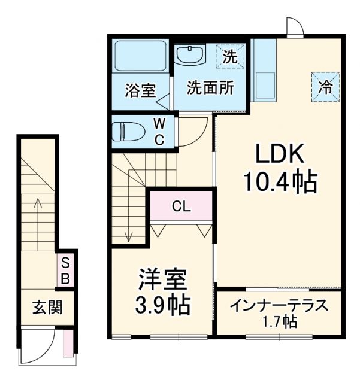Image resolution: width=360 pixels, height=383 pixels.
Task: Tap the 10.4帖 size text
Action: coord(280,183)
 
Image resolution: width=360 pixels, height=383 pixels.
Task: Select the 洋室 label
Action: coord(163,280)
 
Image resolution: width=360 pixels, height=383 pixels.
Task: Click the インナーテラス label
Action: coord(280,305)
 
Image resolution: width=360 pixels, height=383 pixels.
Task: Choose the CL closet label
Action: coord(181,207)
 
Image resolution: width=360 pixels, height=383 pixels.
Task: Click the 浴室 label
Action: coord(140,90)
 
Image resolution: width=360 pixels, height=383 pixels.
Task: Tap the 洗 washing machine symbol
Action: coord(230,57)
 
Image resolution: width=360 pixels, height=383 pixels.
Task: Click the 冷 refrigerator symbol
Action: coord(325,87)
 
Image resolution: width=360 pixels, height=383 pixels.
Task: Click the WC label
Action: coord(159,132)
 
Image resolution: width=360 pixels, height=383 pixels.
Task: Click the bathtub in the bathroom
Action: coord(141,59)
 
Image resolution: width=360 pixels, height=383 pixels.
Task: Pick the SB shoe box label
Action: coord(66,270)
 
